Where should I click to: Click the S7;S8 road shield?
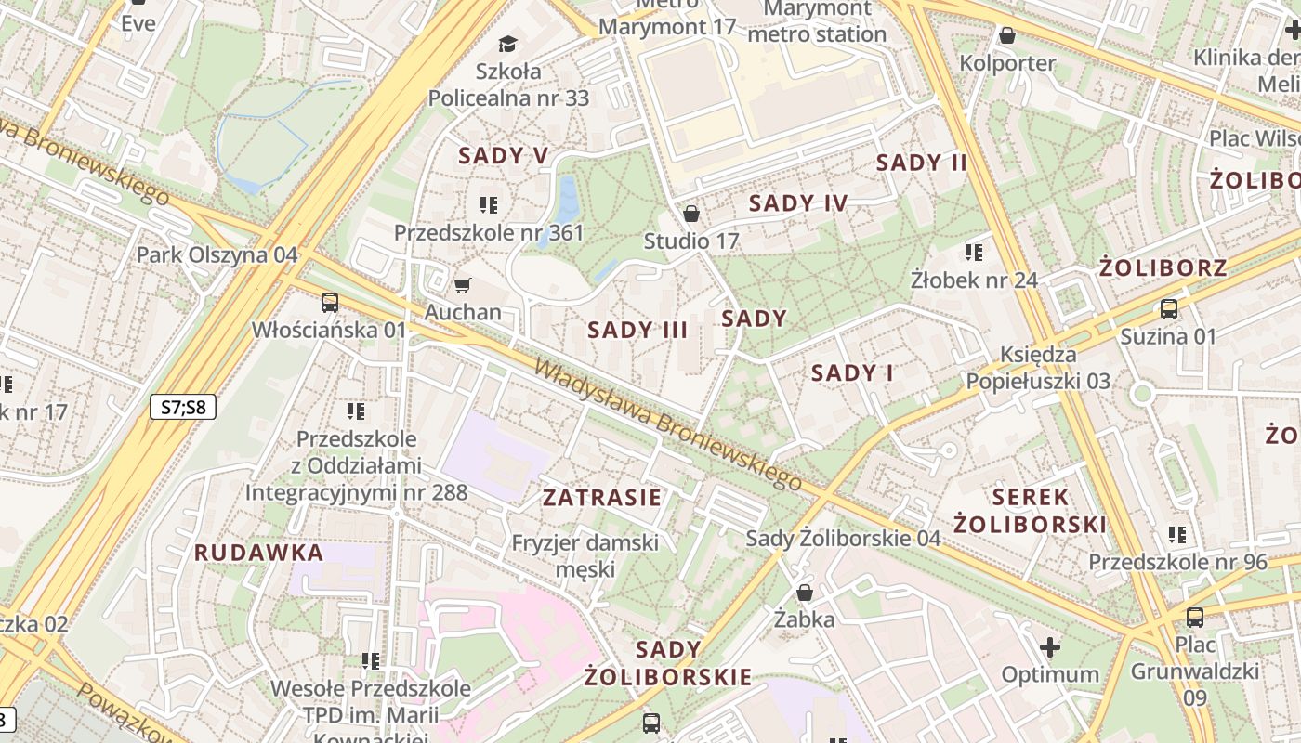click(x=182, y=406)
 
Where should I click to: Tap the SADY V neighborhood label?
click(x=503, y=156)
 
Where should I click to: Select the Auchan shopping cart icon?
click(x=462, y=285)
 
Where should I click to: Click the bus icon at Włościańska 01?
click(x=330, y=302)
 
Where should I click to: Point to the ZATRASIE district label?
click(x=602, y=498)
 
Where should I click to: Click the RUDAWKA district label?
click(x=258, y=553)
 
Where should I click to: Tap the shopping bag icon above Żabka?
click(x=805, y=593)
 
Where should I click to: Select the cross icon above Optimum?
click(x=1050, y=646)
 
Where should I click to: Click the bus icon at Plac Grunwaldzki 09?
click(x=1195, y=617)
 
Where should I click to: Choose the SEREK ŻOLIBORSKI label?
click(x=1031, y=511)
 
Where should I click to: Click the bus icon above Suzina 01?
click(x=1169, y=309)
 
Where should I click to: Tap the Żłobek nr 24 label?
click(x=974, y=280)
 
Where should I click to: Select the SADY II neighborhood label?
click(x=922, y=163)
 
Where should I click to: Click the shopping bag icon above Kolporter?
click(x=1006, y=36)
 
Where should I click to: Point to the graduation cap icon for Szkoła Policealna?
click(x=507, y=44)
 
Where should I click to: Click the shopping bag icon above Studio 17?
click(x=691, y=215)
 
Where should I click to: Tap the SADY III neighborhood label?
click(x=637, y=330)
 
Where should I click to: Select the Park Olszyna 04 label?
click(x=217, y=254)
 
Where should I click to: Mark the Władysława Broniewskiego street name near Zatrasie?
click(x=667, y=424)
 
